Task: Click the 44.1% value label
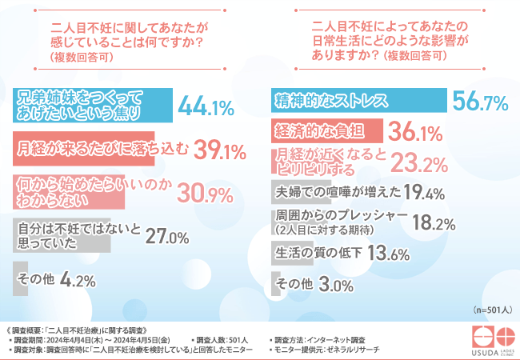[205, 106]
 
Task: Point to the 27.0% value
[167, 237]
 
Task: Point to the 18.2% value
[439, 224]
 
